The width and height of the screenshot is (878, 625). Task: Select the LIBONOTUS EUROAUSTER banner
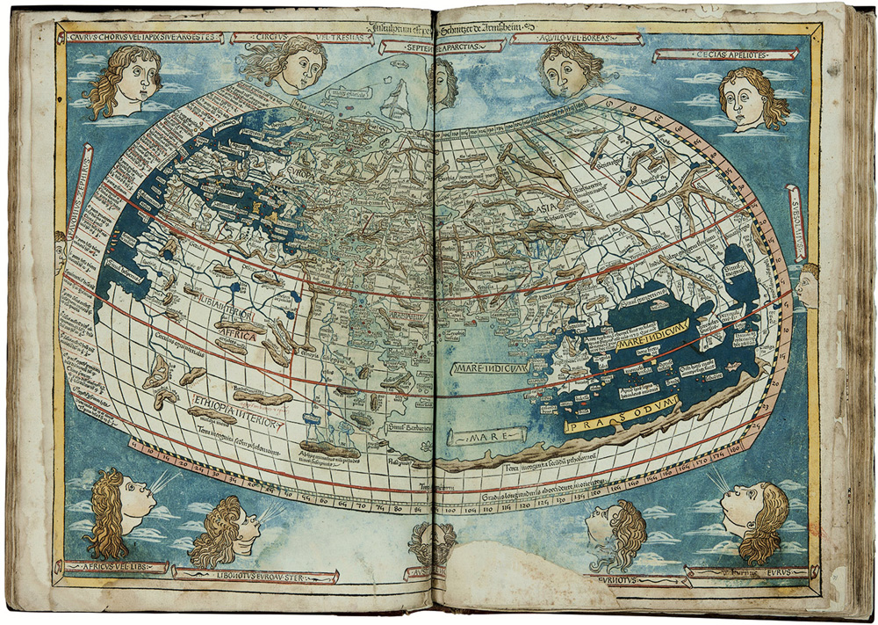(x=255, y=575)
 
